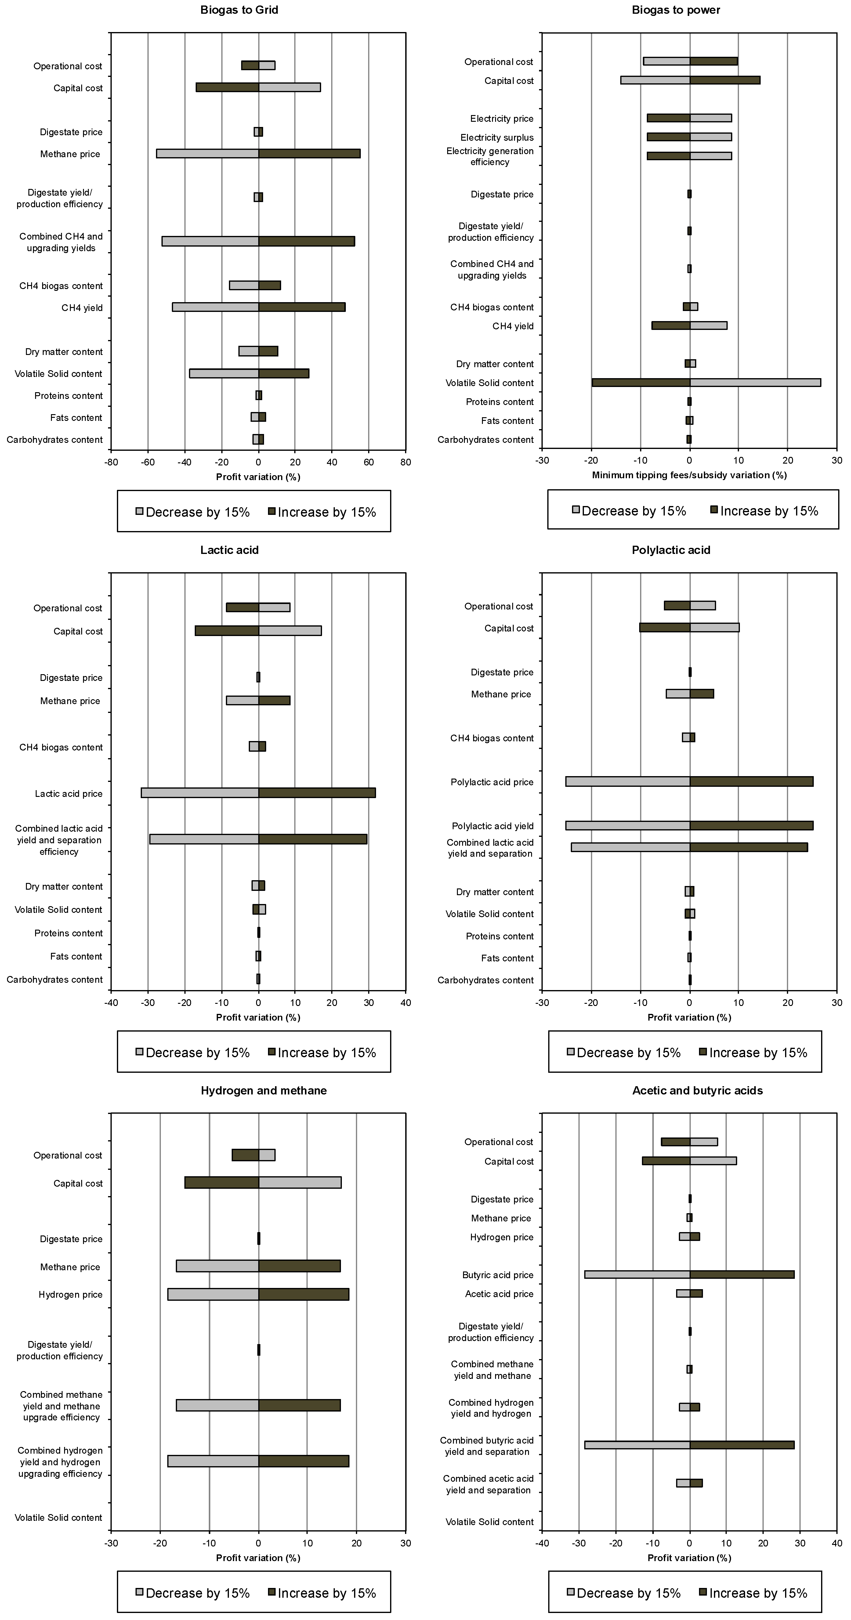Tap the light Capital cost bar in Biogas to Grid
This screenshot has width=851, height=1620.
[289, 87]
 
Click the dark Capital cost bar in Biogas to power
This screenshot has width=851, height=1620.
[725, 80]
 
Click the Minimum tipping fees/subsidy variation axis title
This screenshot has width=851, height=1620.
[689, 475]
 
